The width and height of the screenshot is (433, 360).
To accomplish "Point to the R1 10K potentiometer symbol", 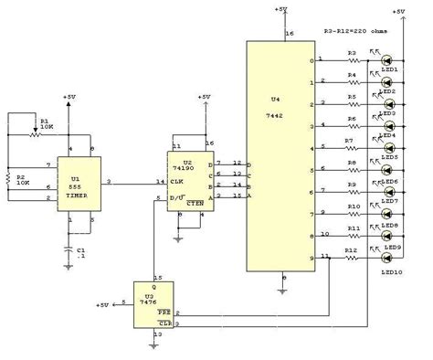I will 35,132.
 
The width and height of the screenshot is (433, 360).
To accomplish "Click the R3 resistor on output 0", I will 352,60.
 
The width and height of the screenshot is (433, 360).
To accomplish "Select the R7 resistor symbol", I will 352,147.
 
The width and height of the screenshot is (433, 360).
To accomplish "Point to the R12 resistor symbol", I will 352,258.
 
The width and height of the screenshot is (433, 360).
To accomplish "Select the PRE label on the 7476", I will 164,313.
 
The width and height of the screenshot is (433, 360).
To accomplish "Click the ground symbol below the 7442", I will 285,291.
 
